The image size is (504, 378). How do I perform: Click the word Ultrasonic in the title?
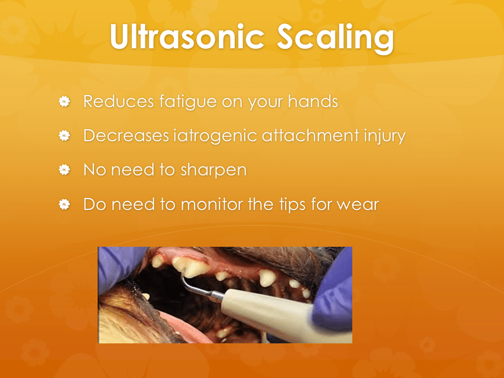(187, 36)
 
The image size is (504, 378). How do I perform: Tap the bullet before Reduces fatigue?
(64, 101)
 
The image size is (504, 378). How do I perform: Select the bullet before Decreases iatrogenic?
(64, 135)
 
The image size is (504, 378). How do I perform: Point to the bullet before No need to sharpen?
(64, 170)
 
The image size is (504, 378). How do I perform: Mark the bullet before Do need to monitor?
(64, 204)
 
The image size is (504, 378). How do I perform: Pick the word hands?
(313, 101)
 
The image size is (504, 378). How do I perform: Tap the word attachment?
(310, 135)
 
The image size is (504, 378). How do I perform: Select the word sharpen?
(214, 170)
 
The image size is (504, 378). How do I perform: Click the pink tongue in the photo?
(186, 330)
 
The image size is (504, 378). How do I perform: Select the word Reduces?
(119, 101)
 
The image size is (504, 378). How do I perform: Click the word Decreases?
(126, 135)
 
